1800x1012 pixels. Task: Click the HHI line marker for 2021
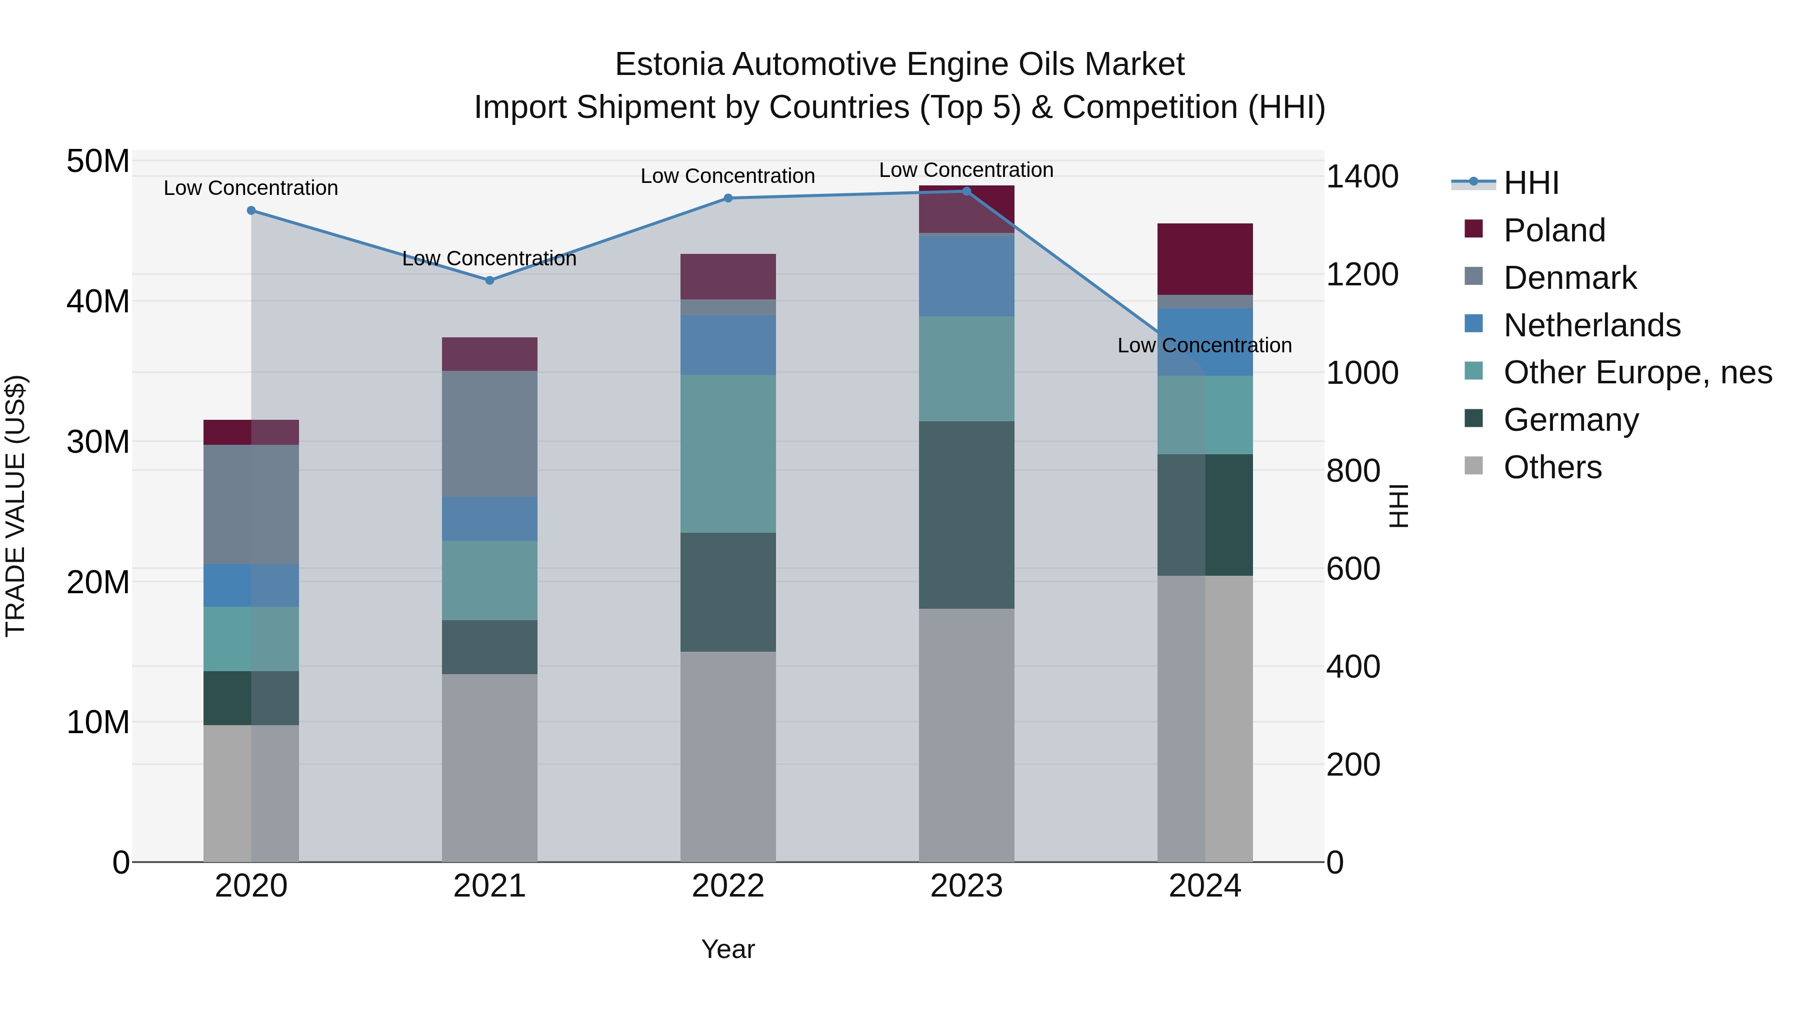(x=489, y=280)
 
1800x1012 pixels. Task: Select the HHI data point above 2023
(x=966, y=191)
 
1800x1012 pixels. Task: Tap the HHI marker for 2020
(x=251, y=210)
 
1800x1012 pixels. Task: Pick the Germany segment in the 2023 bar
(x=966, y=515)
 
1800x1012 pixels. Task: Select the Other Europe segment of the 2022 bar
(x=728, y=454)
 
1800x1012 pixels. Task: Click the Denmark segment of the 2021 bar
(x=489, y=434)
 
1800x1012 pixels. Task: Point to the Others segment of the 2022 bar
(x=728, y=757)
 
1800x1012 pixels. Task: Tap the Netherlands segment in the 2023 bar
(x=966, y=276)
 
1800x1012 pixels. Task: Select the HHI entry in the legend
(x=1530, y=183)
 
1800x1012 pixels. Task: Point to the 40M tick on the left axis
(x=98, y=302)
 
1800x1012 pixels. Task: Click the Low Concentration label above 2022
(x=727, y=176)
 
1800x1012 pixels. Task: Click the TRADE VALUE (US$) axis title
(x=15, y=506)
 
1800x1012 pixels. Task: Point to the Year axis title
(x=727, y=949)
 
